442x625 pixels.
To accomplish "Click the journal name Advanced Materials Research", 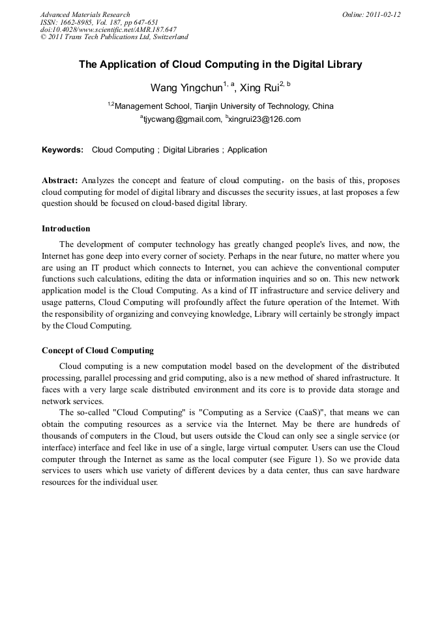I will pos(85,14).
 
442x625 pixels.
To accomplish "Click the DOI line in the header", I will pos(108,29).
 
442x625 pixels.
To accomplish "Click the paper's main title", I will pos(220,65).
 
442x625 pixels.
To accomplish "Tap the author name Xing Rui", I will pos(259,87).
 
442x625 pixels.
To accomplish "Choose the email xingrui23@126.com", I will pos(264,119).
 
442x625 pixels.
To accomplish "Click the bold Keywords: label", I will pos(63,150).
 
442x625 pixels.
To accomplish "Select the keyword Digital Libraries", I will pos(191,150).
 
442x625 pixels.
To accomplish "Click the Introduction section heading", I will pos(66,229).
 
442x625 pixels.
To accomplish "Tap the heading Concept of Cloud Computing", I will pos(98,351).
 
